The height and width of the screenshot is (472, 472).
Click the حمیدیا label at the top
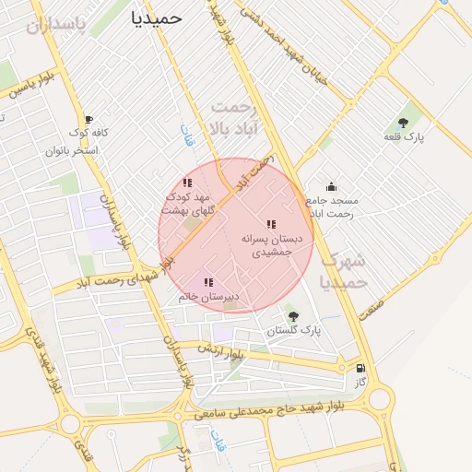tap(156, 17)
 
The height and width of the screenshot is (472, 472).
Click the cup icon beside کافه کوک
tap(88, 119)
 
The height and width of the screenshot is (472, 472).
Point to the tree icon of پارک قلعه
tap(403, 122)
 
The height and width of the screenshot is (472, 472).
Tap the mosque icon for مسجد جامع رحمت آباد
tap(331, 187)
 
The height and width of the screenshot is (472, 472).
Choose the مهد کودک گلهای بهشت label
tap(188, 204)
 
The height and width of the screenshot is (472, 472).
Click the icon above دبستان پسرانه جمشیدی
tap(271, 224)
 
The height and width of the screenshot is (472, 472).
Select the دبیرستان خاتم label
tap(208, 297)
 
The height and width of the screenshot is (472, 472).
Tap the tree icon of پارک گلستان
tap(293, 316)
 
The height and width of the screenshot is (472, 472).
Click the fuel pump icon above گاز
tap(360, 368)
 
